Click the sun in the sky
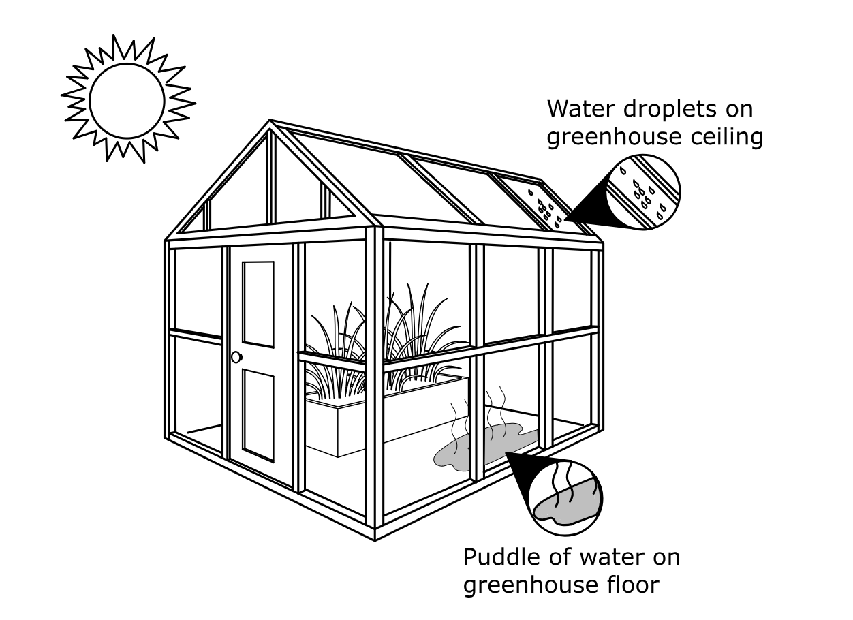click(127, 99)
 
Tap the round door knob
click(236, 357)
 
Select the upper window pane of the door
click(258, 304)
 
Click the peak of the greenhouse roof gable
click(270, 125)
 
